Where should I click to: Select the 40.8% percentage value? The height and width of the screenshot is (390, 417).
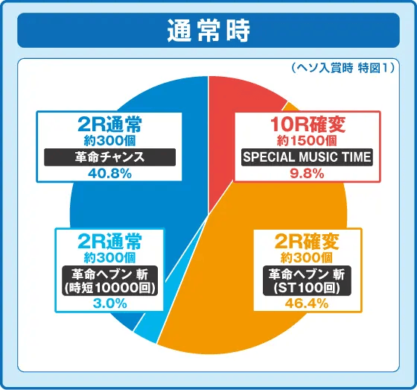point(109,174)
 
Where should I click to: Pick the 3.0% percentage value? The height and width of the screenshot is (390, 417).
point(109,303)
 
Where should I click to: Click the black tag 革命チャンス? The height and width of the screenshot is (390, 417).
point(109,157)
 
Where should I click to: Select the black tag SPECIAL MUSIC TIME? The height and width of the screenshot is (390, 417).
point(306,157)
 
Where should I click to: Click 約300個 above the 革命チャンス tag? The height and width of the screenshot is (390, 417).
point(109,139)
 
